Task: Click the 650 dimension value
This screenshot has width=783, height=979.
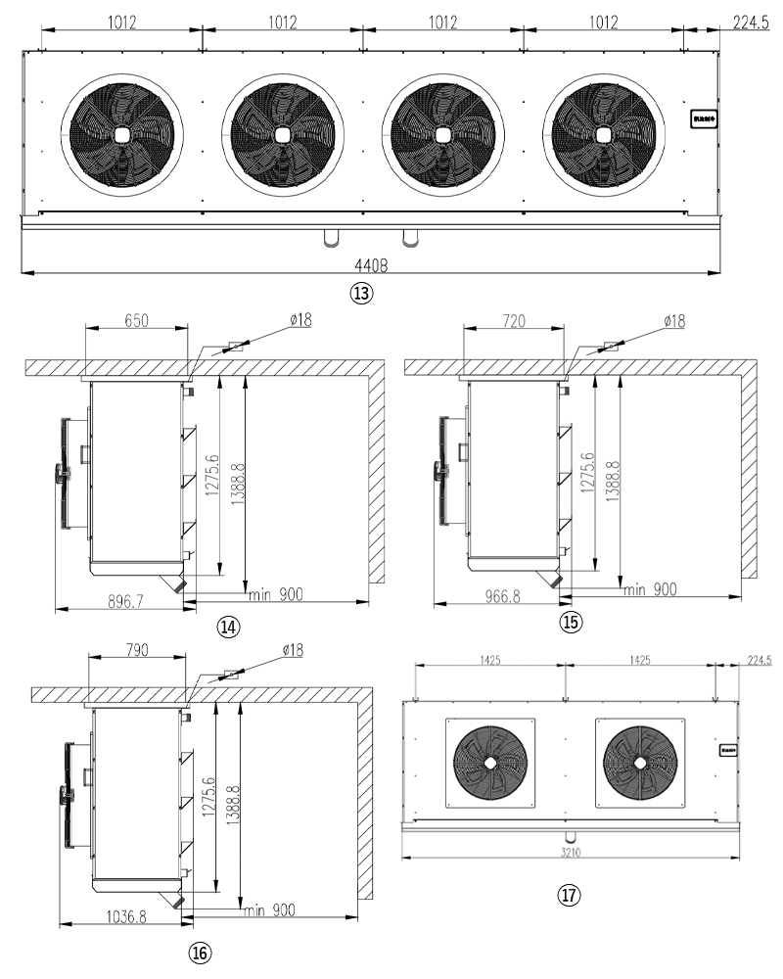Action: (x=136, y=320)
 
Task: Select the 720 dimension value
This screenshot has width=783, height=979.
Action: (x=514, y=320)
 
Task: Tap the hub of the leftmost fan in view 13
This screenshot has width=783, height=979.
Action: (x=121, y=135)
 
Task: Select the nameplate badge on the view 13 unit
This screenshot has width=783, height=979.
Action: (x=706, y=117)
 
